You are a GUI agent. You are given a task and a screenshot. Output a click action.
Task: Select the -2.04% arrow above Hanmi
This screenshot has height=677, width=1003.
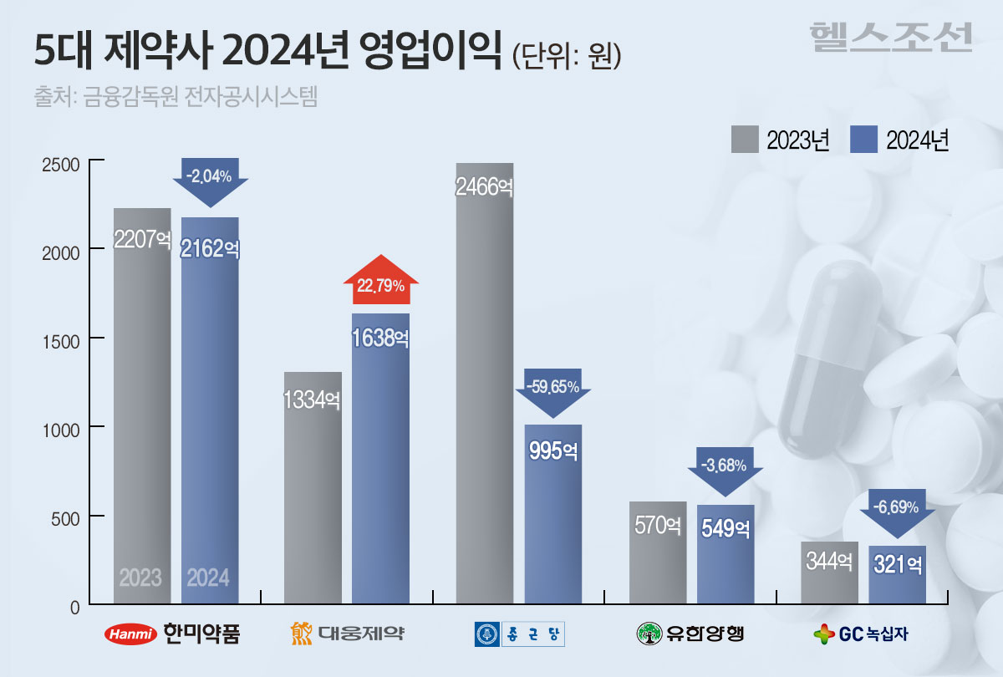coord(210,180)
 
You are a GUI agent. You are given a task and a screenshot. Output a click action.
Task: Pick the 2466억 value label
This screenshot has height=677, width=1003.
coord(484,186)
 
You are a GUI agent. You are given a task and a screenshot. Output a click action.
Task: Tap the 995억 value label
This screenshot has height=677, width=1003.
coord(553,450)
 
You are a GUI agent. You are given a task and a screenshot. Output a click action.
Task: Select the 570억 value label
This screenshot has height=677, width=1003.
coord(657,526)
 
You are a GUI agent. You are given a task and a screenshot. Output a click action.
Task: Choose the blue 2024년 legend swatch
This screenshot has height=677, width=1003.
coord(863,140)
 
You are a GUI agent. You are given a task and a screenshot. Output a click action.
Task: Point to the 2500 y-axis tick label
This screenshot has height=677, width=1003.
coord(60,163)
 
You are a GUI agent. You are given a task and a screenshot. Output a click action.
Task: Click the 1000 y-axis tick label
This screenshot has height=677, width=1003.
coord(60,427)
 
